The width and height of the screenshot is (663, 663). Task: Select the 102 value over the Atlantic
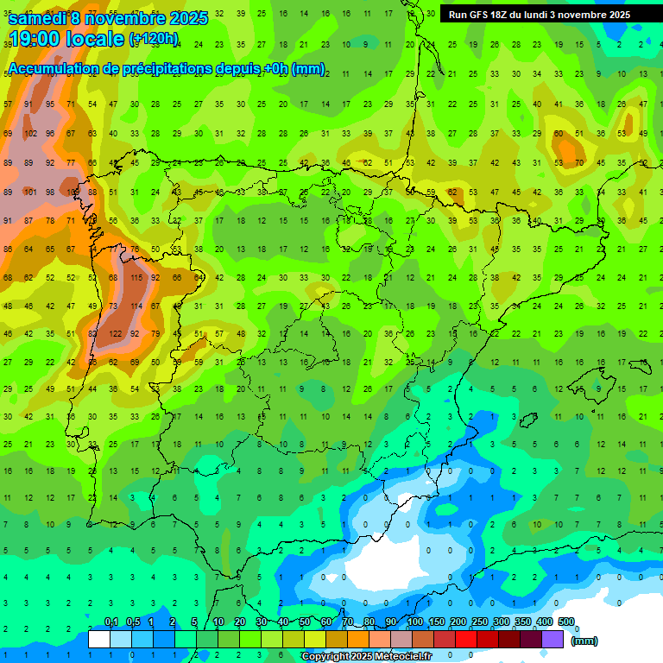point(30,134)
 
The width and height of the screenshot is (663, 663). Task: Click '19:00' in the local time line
point(32,39)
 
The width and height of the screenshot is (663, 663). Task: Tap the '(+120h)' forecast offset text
point(154,39)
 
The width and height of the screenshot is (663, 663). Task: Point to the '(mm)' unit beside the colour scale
point(584,641)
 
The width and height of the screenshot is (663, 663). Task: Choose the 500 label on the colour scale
point(565,622)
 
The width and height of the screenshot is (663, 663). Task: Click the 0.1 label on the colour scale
point(111,622)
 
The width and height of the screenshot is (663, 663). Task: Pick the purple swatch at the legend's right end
point(552,640)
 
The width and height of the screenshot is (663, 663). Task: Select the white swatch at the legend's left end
point(99,640)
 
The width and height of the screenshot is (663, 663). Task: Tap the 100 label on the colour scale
point(414,622)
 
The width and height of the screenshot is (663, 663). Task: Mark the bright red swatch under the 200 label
point(466,640)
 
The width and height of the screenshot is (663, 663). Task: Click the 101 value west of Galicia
point(30,192)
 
